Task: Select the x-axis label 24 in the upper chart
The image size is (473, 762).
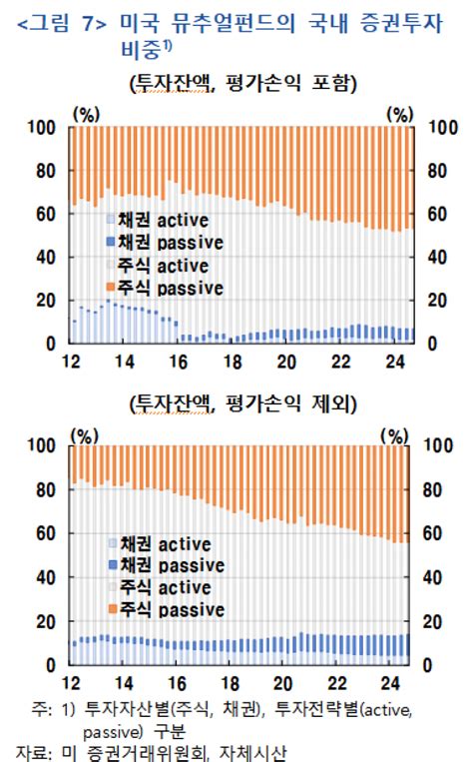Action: tap(394, 362)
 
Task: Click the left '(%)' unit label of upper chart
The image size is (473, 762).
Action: tap(87, 115)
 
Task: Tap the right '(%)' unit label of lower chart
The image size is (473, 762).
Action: tap(397, 435)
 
